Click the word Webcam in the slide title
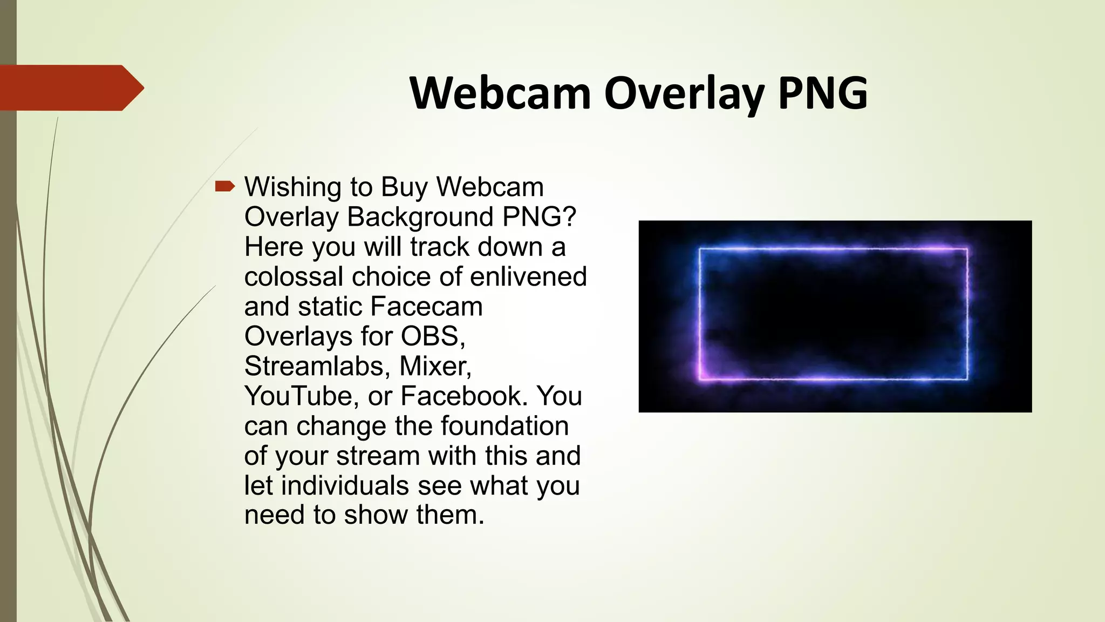(500, 93)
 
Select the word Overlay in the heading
(684, 94)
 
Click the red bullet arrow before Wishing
(224, 187)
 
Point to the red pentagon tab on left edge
(70, 87)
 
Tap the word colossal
(294, 276)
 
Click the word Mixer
(435, 366)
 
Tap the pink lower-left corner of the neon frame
(701, 376)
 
